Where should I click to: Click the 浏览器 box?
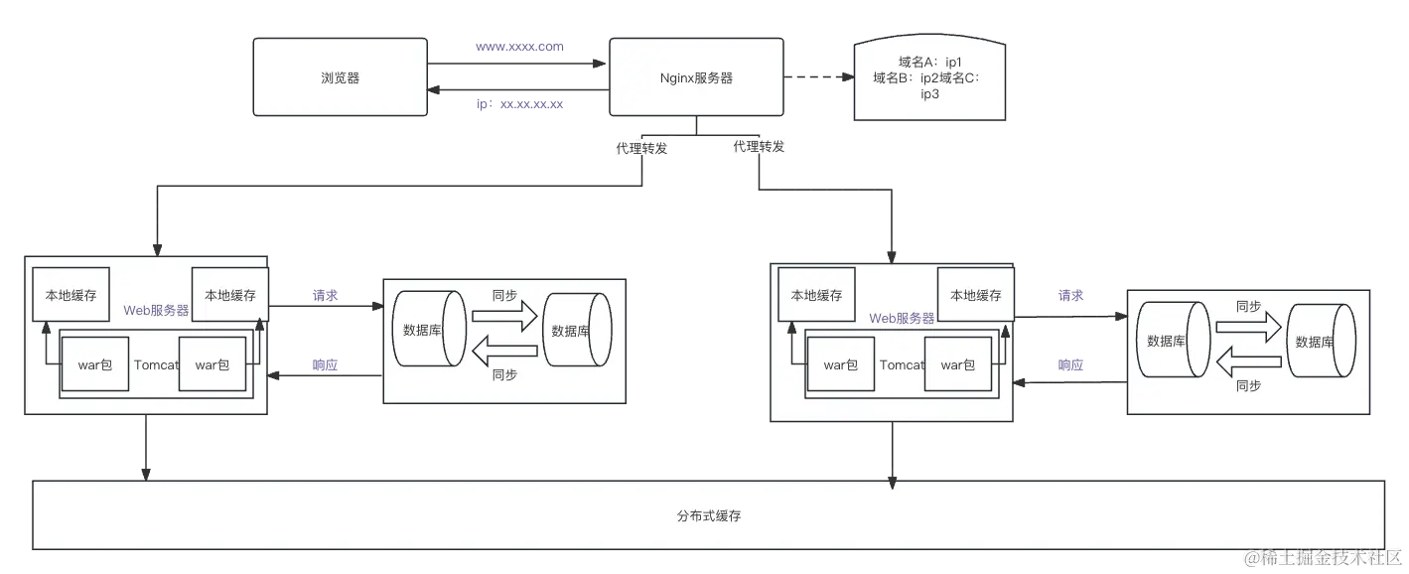point(341,78)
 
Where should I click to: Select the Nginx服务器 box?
point(696,78)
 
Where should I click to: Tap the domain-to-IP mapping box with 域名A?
point(930,78)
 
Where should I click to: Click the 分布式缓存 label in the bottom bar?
point(709,516)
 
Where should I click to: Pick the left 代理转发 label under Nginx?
point(641,149)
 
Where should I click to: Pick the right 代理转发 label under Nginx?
point(759,147)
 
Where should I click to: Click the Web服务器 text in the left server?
point(156,310)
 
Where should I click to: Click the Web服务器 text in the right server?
point(902,318)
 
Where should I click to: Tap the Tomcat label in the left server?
point(156,364)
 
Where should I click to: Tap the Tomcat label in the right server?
point(902,364)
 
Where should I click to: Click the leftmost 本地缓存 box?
point(70,295)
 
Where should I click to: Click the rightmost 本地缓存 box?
point(975,295)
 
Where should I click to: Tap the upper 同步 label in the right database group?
point(1248,307)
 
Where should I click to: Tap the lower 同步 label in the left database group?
point(504,375)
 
